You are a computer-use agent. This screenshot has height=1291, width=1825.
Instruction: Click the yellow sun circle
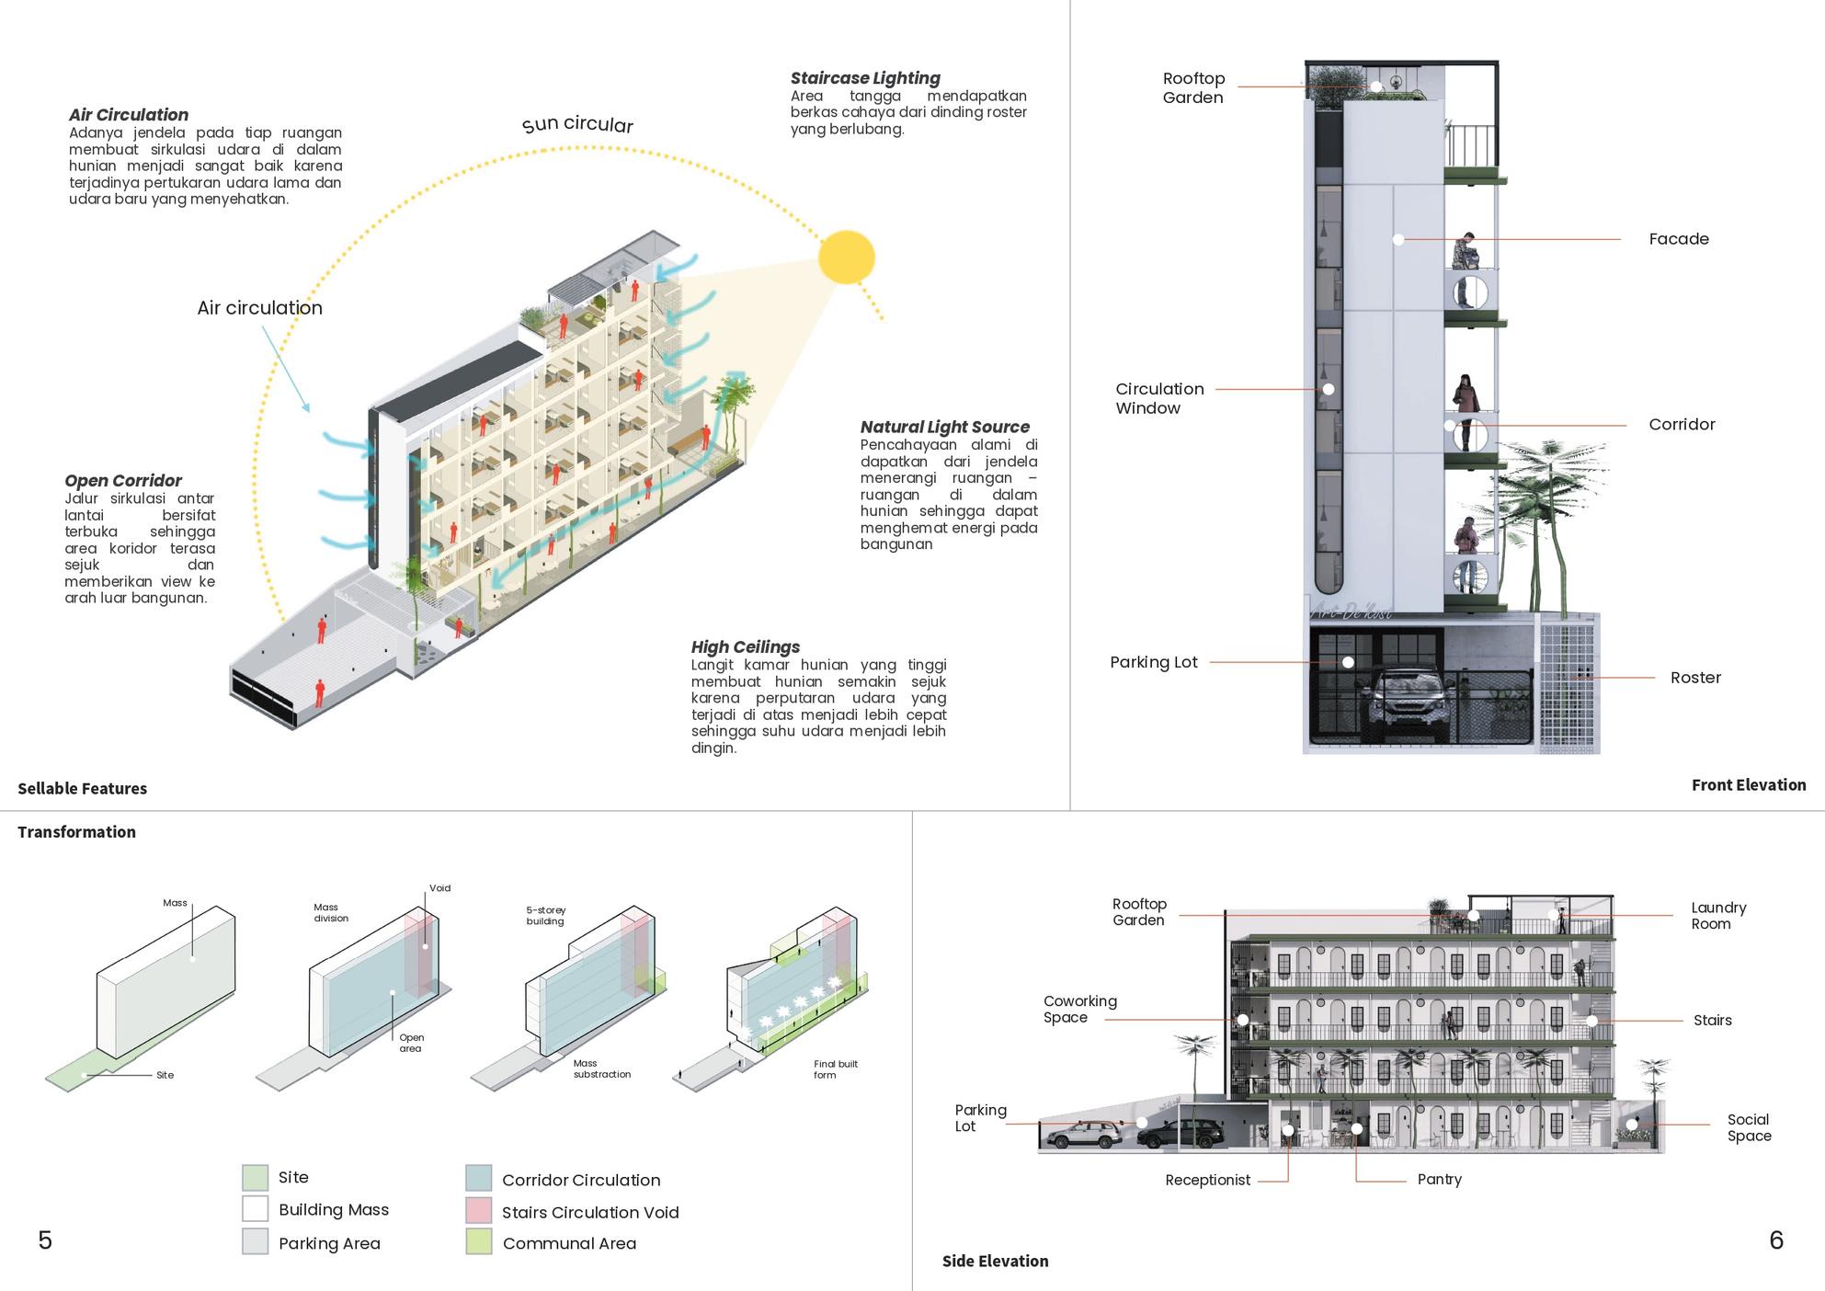pos(846,257)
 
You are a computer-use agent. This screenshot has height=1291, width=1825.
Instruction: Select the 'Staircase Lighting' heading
pos(865,78)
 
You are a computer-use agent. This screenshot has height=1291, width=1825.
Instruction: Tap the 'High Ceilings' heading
pos(745,646)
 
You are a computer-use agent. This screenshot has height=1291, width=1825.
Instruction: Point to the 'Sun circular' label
pos(577,124)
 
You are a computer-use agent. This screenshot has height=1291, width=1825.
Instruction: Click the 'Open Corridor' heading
pos(123,480)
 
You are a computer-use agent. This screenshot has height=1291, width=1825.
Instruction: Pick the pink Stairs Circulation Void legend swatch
pos(478,1210)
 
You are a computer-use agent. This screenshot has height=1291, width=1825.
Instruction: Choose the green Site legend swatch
pos(255,1177)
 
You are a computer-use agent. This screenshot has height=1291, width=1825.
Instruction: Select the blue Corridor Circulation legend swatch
pos(478,1178)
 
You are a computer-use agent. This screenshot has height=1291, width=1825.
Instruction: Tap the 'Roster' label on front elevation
pos(1695,678)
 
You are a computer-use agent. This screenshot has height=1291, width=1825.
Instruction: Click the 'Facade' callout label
pos(1679,239)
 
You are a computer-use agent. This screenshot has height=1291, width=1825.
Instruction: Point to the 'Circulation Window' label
pos(1158,398)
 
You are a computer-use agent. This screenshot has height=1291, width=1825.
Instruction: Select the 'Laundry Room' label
pos(1717,915)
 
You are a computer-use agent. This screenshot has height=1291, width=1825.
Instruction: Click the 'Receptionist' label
pos(1207,1180)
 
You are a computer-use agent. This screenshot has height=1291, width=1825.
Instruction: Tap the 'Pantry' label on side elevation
pos(1439,1179)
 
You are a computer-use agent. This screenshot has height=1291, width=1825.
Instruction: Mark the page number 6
pos(1776,1240)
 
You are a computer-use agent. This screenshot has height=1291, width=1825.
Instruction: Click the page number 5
pos(45,1240)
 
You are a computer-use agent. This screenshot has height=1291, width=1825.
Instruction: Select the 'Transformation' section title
pos(76,832)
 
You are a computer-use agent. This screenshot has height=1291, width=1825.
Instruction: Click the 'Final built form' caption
pos(834,1069)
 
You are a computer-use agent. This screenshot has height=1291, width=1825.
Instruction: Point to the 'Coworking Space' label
pos(1079,1009)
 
